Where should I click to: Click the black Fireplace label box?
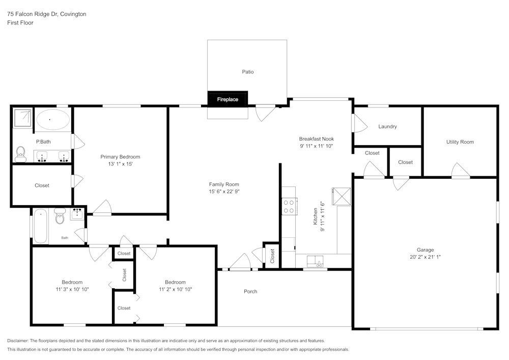228,99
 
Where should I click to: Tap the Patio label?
247,72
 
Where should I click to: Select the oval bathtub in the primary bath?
52,120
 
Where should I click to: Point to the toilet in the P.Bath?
21,154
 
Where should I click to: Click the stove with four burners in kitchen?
289,206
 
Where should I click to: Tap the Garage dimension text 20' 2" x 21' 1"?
425,257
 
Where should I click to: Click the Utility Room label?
460,142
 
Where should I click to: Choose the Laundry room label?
387,126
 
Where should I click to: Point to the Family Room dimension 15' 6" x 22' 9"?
224,191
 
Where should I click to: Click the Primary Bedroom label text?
120,157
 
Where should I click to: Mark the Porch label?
250,291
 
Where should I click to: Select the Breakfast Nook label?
316,139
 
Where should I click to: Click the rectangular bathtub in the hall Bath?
41,226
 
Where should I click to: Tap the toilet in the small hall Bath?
59,217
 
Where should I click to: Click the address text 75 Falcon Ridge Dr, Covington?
46,14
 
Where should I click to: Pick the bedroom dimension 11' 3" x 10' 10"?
72,289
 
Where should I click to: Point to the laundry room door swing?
359,122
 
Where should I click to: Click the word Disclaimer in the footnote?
18,341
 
